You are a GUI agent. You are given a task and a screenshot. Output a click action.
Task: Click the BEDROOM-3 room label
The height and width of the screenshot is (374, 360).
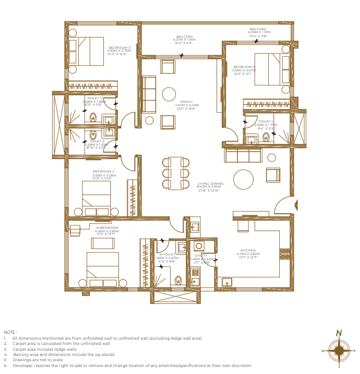point(118,47)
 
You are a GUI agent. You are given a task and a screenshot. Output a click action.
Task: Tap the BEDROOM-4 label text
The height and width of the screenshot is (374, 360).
point(244,66)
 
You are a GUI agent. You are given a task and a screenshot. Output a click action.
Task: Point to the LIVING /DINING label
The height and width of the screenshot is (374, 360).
point(210,183)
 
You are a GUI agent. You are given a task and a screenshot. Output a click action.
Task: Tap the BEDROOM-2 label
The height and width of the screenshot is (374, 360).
point(104,171)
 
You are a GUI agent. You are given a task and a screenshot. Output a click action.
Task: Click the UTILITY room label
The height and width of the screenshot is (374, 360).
point(201,255)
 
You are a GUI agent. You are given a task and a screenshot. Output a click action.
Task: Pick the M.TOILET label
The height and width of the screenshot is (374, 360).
point(168,254)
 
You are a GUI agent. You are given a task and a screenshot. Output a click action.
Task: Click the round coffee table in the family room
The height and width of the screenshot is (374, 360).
point(169,95)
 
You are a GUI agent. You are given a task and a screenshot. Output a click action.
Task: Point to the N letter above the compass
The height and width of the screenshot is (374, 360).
point(339,333)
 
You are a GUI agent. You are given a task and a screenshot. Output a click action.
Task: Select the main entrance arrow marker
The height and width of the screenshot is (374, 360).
point(296,204)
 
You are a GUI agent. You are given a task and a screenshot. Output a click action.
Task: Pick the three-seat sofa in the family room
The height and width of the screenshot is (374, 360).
point(149,95)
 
